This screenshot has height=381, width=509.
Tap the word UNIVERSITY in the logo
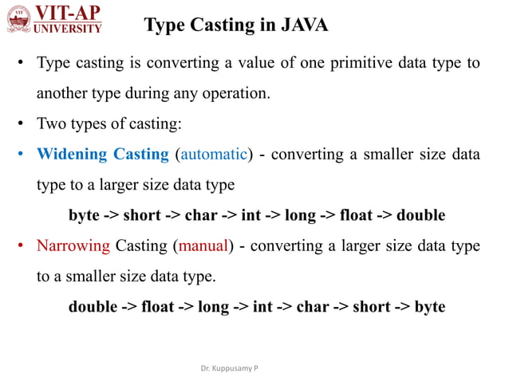[x=68, y=29]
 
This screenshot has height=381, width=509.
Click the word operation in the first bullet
[x=230, y=93]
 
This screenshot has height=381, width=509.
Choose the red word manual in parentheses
[x=203, y=245]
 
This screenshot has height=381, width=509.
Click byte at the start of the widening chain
[x=85, y=215]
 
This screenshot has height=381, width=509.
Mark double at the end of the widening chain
[x=420, y=215]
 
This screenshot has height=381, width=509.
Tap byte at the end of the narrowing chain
[x=429, y=306]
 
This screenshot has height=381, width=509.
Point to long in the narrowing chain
[x=213, y=306]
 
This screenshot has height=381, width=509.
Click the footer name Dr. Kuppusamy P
[x=234, y=370]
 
